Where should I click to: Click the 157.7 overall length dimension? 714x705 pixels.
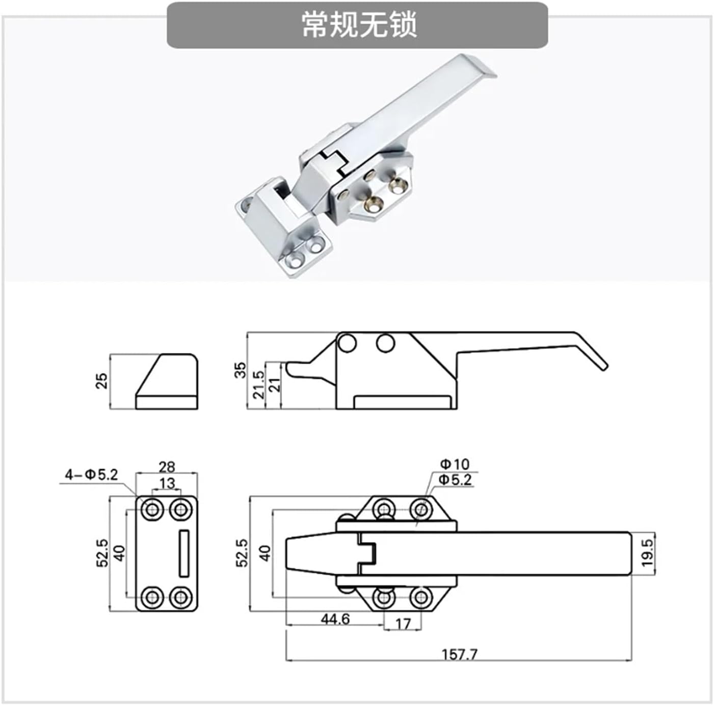pos(459,654)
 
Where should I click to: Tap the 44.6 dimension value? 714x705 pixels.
pos(335,619)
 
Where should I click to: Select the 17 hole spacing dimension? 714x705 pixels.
pos(403,624)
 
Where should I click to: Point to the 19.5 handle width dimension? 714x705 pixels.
pos(647,553)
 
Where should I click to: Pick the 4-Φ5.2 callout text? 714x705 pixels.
pos(91,475)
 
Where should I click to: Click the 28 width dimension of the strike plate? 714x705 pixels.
pos(167,466)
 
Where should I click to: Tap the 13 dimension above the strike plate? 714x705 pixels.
pos(167,483)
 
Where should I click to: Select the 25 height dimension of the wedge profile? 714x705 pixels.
pos(102,381)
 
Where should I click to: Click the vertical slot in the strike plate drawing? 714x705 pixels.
pos(184,553)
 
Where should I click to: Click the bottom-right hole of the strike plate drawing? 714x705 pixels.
pos(180,597)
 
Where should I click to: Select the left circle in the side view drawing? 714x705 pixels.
pos(347,343)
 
